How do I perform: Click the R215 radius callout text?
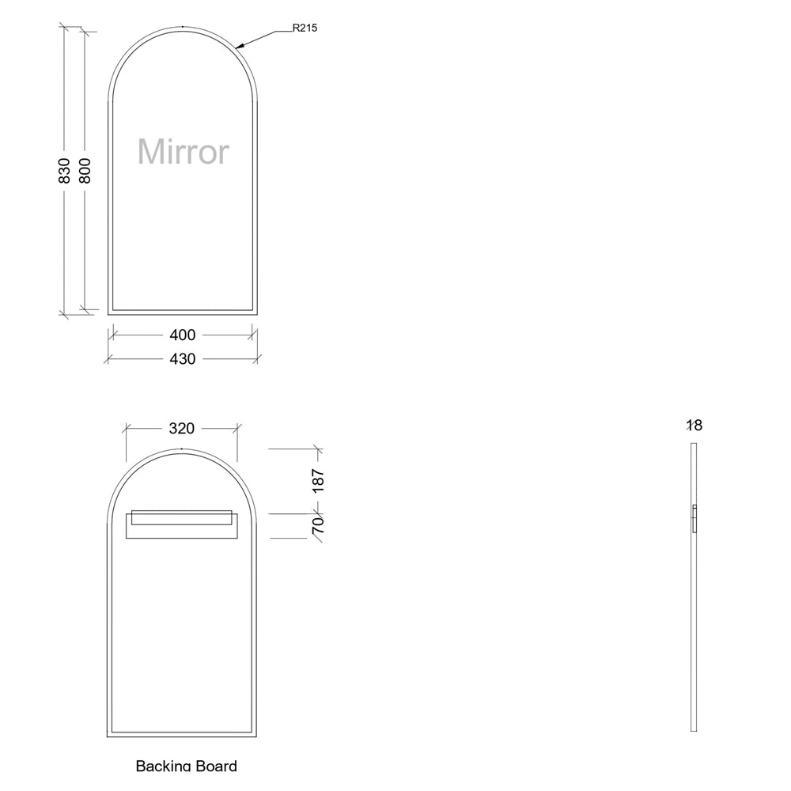(x=305, y=28)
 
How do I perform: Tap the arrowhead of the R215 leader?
(x=238, y=46)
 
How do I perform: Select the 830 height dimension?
(x=65, y=171)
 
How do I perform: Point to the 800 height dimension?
(x=85, y=171)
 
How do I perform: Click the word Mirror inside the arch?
(x=184, y=151)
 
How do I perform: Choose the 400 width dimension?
(x=182, y=335)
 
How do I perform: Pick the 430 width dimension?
(x=182, y=359)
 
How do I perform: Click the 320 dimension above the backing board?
(x=182, y=429)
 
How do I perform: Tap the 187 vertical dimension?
(x=318, y=481)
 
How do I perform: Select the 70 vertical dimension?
(x=318, y=525)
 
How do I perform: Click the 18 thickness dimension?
(x=694, y=426)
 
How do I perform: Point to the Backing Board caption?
(x=186, y=765)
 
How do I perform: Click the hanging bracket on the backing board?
(x=181, y=524)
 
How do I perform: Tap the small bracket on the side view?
(x=694, y=518)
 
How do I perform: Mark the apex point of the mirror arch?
(x=182, y=27)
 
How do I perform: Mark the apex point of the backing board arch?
(x=182, y=449)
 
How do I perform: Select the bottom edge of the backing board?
(x=182, y=736)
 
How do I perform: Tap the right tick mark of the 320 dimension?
(x=237, y=429)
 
